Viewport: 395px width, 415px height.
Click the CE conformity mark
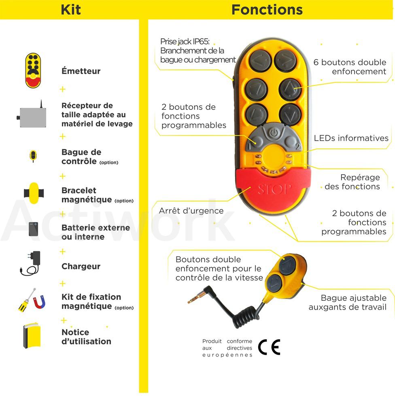(x=269, y=347)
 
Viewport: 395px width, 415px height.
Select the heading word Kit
(x=70, y=10)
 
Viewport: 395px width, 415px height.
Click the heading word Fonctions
(x=267, y=10)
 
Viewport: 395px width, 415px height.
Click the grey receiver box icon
(x=32, y=116)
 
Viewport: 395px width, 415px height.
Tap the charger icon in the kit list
(x=31, y=263)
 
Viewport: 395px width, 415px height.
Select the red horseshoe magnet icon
(x=39, y=302)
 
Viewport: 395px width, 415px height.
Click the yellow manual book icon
(x=32, y=335)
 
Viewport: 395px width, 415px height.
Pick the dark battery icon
(x=33, y=229)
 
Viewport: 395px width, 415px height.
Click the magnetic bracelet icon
(x=34, y=193)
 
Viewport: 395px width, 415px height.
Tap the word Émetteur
(x=81, y=71)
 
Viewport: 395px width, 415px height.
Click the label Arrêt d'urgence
(x=191, y=211)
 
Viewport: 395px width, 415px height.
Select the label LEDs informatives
(x=351, y=138)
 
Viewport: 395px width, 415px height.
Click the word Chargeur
(x=81, y=266)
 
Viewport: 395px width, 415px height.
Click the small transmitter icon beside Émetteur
(x=33, y=71)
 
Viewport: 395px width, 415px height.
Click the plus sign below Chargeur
(x=63, y=283)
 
